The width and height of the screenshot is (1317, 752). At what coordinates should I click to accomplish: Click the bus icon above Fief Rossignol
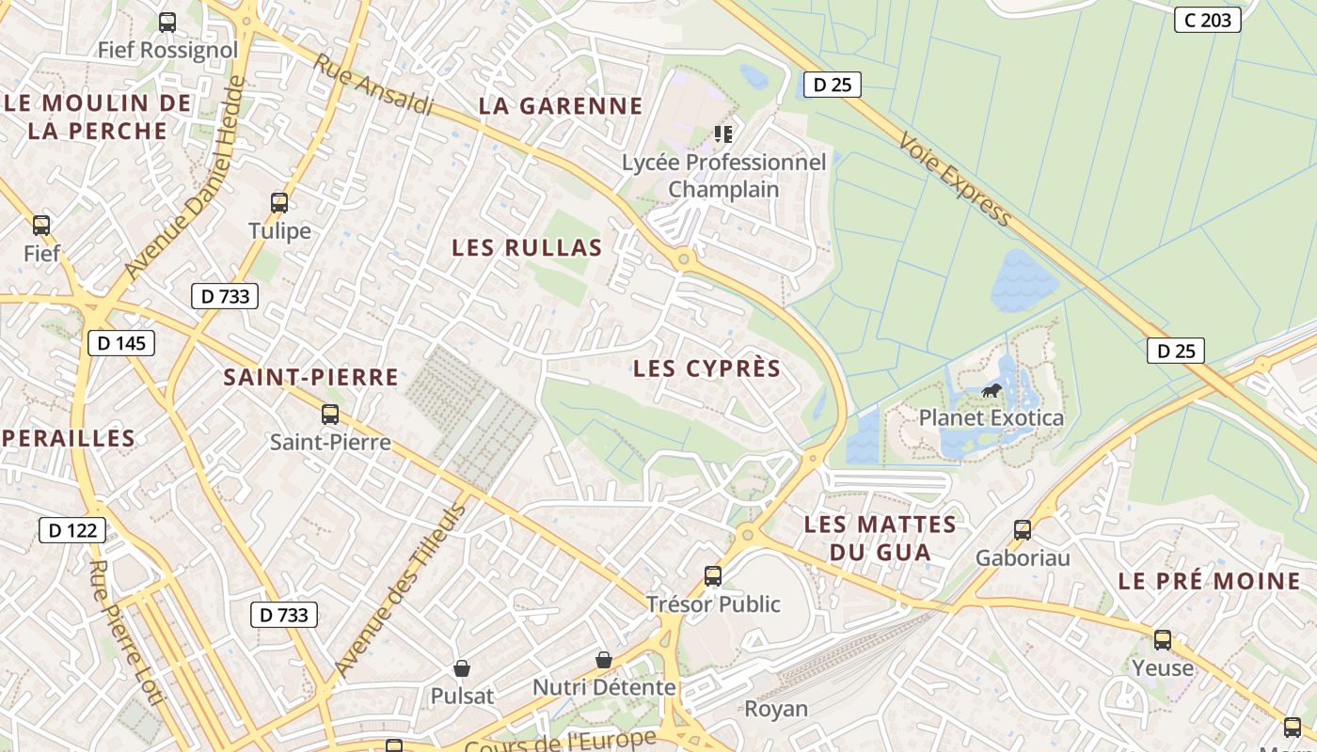click(x=167, y=23)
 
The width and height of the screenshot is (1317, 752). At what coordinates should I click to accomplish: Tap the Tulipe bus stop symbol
click(x=279, y=203)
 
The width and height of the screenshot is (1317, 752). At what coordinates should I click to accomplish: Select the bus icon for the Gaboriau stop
click(x=1023, y=530)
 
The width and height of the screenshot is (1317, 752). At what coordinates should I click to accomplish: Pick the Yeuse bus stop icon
click(x=1163, y=640)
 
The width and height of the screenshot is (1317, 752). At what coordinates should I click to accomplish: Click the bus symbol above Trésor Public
click(x=713, y=576)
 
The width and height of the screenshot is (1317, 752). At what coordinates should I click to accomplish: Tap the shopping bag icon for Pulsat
click(x=462, y=668)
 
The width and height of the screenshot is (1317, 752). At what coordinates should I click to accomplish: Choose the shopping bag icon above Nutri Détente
click(x=604, y=660)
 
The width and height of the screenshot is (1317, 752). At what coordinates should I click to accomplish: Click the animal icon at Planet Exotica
click(x=991, y=390)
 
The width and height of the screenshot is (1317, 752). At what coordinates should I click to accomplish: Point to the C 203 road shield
click(x=1208, y=20)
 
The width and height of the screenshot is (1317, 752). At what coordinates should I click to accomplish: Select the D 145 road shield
click(x=121, y=343)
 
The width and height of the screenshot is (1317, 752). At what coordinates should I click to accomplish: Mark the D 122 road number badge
click(x=72, y=530)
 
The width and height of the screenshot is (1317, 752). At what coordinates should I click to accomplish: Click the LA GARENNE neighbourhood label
click(x=561, y=106)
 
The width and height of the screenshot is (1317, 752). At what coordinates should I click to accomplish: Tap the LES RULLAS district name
click(x=527, y=248)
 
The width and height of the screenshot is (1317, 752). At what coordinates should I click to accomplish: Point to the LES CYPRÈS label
click(x=707, y=368)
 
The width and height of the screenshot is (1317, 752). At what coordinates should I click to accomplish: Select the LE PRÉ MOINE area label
click(x=1209, y=581)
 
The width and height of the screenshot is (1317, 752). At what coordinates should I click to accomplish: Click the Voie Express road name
click(x=955, y=179)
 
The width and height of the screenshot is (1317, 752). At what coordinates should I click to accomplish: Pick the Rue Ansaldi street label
click(x=373, y=85)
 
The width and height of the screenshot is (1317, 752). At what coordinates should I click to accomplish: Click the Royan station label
click(x=776, y=708)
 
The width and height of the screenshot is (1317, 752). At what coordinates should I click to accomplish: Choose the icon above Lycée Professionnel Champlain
click(x=722, y=134)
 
